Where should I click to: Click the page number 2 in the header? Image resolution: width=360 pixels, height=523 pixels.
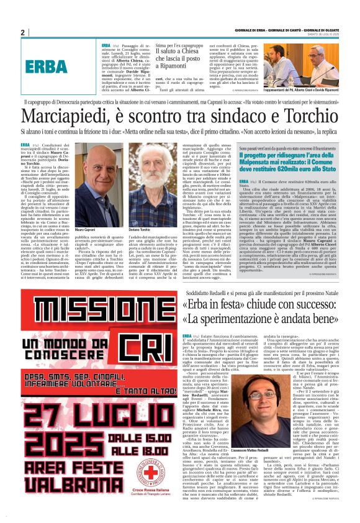click(x=22, y=33)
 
